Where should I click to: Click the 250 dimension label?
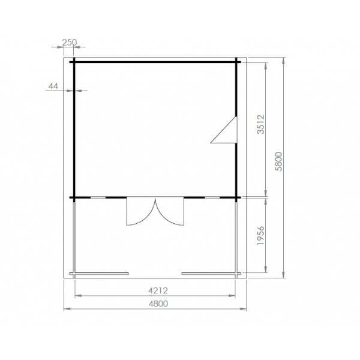point(69,42)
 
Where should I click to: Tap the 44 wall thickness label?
point(53,86)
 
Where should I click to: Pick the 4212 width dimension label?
point(157,290)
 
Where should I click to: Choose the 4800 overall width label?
point(157,304)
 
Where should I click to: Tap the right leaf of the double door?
point(169,212)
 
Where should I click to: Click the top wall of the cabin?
point(156,62)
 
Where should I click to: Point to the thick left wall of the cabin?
point(74,129)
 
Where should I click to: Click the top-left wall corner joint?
point(74,62)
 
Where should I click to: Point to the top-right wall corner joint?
point(238,62)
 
